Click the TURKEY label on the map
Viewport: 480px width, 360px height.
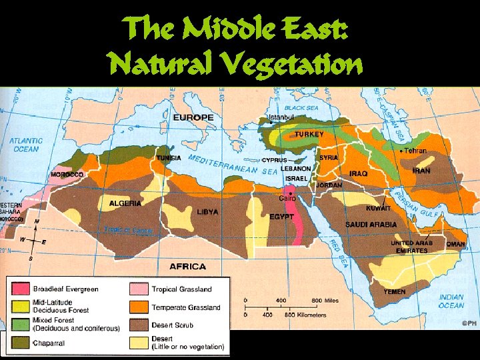pos(309,135)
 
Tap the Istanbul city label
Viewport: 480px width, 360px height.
pos(281,117)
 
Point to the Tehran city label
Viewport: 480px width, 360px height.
pos(415,151)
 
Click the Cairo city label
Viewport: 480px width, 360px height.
pos(288,198)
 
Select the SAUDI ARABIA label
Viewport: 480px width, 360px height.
pos(371,225)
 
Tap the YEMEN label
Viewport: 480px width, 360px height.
pos(395,292)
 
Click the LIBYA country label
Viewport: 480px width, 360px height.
pos(208,212)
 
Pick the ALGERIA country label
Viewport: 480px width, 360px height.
pos(125,203)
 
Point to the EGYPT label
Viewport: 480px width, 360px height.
pos(281,217)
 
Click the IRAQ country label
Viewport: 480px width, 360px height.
pos(359,173)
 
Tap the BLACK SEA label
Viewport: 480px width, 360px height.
pos(302,108)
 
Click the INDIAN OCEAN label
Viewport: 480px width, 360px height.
pos(451,301)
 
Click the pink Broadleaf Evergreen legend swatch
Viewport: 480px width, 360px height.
pos(20,289)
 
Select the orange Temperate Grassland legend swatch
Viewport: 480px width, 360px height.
pos(138,307)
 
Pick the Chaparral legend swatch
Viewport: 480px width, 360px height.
pos(20,344)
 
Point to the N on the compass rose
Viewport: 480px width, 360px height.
pos(37,221)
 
